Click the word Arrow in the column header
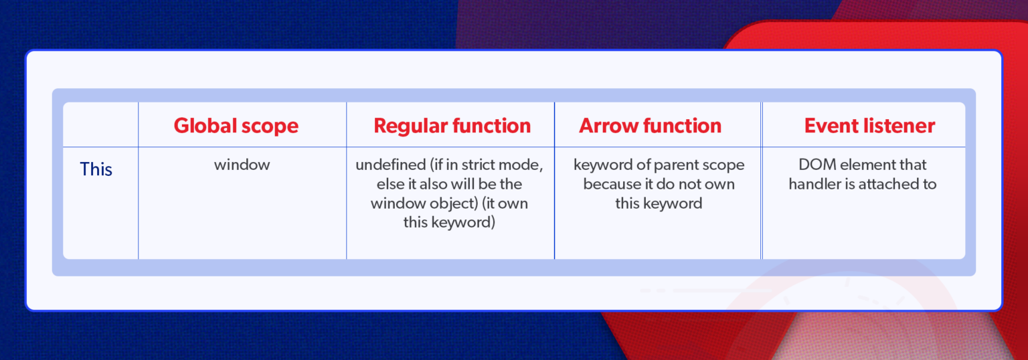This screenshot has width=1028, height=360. click(606, 126)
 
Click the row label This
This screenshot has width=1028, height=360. click(96, 169)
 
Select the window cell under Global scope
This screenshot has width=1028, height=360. click(242, 165)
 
